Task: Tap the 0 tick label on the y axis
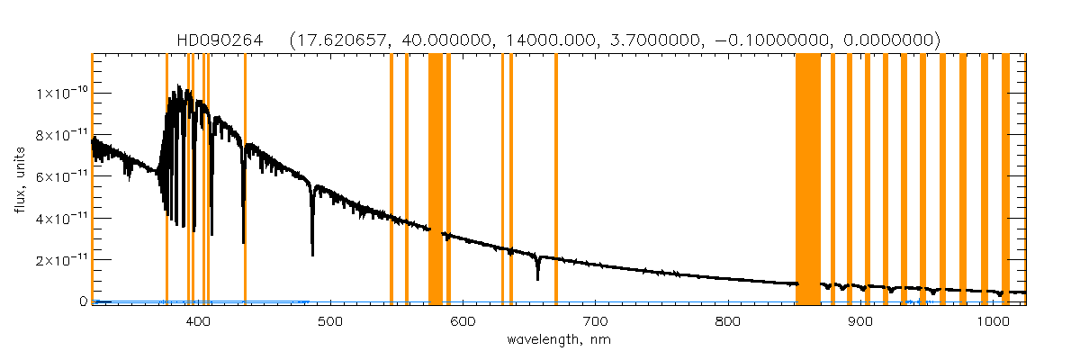point(82,301)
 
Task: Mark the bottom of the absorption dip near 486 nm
point(312,253)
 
